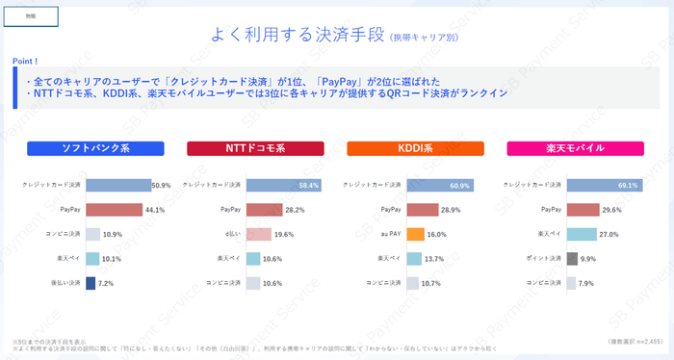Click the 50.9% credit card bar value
pyautogui.click(x=161, y=185)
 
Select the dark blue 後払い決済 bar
pyautogui.click(x=91, y=283)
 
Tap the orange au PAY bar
pyautogui.click(x=416, y=234)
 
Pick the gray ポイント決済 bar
pyautogui.click(x=572, y=259)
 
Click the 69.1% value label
pyautogui.click(x=628, y=185)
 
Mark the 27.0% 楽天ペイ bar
pyautogui.click(x=582, y=234)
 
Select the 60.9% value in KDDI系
pyautogui.click(x=459, y=185)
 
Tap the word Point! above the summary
pyautogui.click(x=27, y=60)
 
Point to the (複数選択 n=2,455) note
pyautogui.click(x=635, y=342)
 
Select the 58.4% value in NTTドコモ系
pyautogui.click(x=308, y=185)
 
